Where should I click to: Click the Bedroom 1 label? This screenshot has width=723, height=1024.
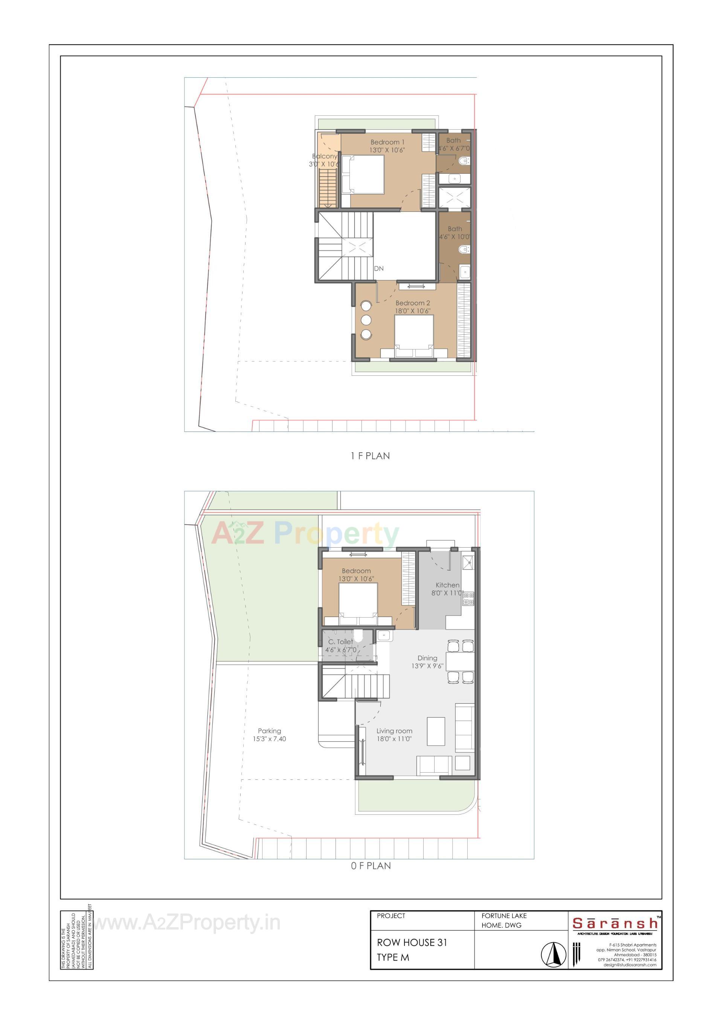(387, 142)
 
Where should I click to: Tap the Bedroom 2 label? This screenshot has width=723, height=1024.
(412, 303)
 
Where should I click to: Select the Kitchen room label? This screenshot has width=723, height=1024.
(447, 585)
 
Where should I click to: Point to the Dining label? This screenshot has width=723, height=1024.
(427, 658)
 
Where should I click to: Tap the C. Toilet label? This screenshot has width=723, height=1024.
(340, 642)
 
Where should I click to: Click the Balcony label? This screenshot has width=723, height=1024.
(324, 156)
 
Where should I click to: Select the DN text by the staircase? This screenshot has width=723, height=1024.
(378, 268)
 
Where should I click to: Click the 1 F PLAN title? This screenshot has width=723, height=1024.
(370, 456)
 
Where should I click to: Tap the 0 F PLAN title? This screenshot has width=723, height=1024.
(371, 866)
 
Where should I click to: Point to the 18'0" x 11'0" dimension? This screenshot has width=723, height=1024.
(394, 739)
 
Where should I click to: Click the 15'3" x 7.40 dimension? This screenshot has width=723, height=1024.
(269, 739)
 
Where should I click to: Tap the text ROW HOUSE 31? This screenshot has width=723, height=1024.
(412, 942)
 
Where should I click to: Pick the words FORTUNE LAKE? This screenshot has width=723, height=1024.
(504, 915)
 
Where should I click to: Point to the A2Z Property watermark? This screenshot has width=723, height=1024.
(305, 533)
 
